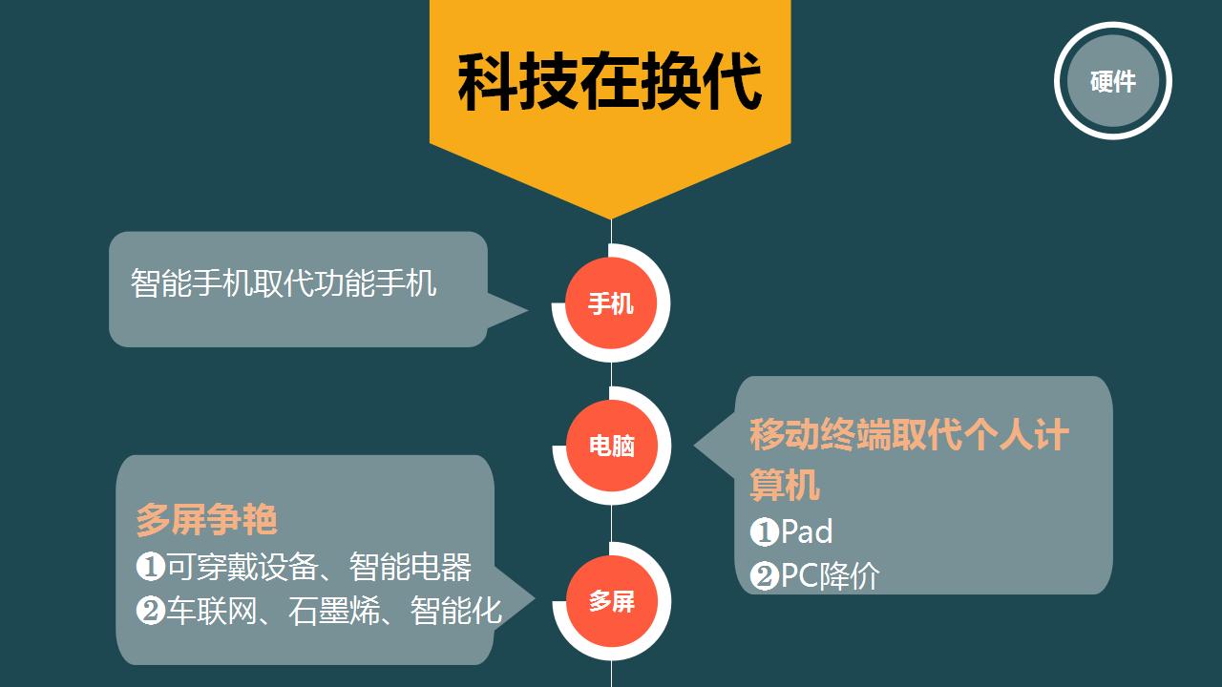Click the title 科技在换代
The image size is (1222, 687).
click(x=610, y=82)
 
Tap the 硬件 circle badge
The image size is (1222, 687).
click(x=1113, y=81)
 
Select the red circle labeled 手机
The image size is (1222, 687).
click(x=611, y=303)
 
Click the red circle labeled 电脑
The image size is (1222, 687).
click(x=612, y=446)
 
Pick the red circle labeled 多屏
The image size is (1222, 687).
click(x=612, y=601)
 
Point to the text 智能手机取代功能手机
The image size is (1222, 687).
click(x=284, y=283)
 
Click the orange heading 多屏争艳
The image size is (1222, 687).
click(x=207, y=519)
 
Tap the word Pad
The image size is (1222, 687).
click(x=807, y=531)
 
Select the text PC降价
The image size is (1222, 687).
click(x=830, y=575)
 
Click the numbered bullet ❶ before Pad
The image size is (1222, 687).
click(x=765, y=532)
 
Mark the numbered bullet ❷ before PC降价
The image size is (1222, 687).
click(x=765, y=576)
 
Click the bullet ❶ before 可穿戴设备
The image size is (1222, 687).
click(x=151, y=567)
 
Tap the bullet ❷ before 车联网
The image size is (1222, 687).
click(x=151, y=611)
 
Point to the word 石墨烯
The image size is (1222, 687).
click(x=334, y=611)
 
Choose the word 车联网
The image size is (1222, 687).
click(x=212, y=611)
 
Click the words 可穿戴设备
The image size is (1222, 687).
click(x=242, y=567)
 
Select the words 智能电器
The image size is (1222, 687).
click(x=411, y=567)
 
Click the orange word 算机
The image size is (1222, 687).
click(x=785, y=484)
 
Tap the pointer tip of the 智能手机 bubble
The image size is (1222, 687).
click(x=527, y=311)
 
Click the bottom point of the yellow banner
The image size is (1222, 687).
click(x=611, y=219)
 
